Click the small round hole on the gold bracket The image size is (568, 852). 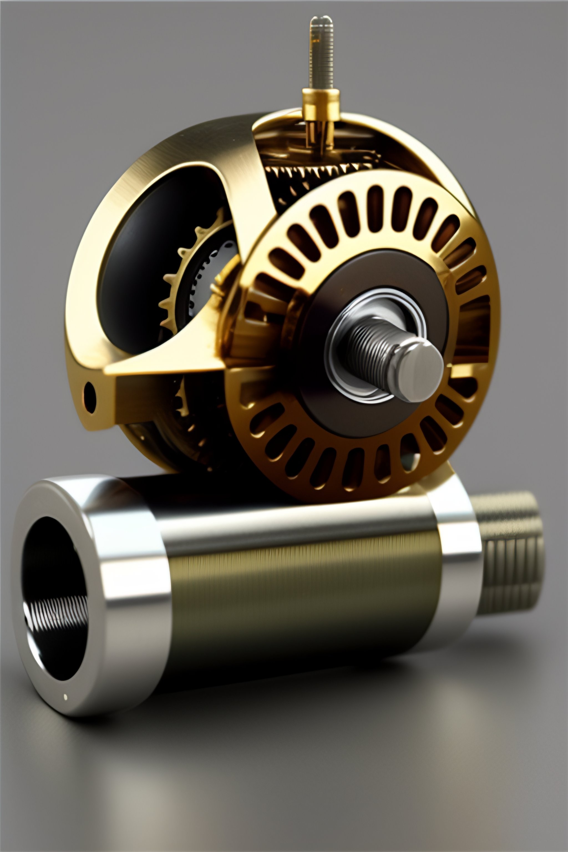point(90,393)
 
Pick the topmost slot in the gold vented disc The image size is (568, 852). point(377,203)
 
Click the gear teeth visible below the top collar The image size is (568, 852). point(319,170)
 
